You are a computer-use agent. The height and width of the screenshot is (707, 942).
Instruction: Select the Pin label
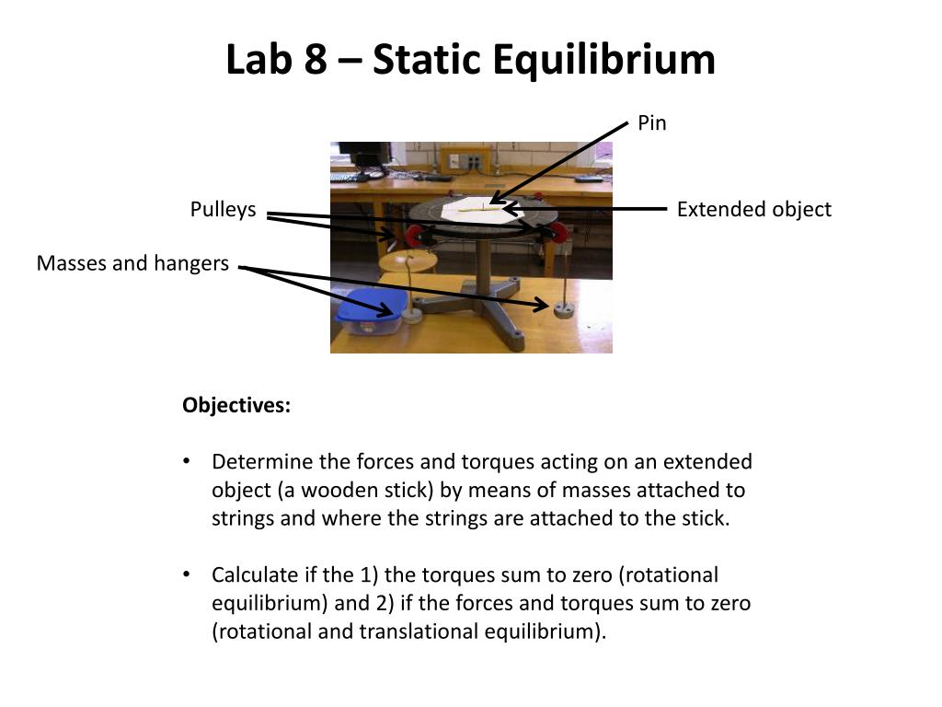tap(651, 123)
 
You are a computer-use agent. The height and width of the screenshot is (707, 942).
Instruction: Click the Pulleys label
tap(223, 210)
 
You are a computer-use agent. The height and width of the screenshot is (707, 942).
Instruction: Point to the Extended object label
tap(753, 210)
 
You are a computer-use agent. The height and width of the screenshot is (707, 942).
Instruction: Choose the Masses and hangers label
tap(132, 264)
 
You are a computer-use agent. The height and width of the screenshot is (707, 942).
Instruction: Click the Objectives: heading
tap(236, 406)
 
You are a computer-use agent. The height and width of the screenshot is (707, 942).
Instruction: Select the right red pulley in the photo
tap(549, 229)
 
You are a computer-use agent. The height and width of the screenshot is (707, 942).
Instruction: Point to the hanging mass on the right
tap(563, 307)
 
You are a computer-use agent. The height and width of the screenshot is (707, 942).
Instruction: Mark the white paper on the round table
tap(473, 209)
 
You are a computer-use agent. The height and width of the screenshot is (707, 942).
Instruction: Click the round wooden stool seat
tap(408, 261)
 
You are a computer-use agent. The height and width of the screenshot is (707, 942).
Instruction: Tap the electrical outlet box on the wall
tap(465, 160)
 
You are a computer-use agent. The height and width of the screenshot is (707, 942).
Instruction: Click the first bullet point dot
tap(188, 461)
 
